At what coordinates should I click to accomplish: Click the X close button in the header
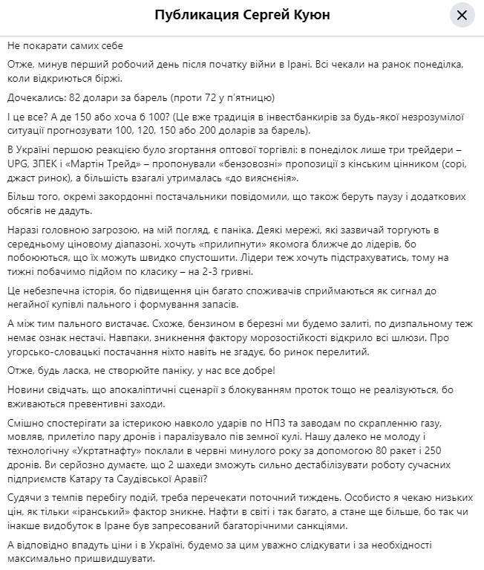click(461, 16)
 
